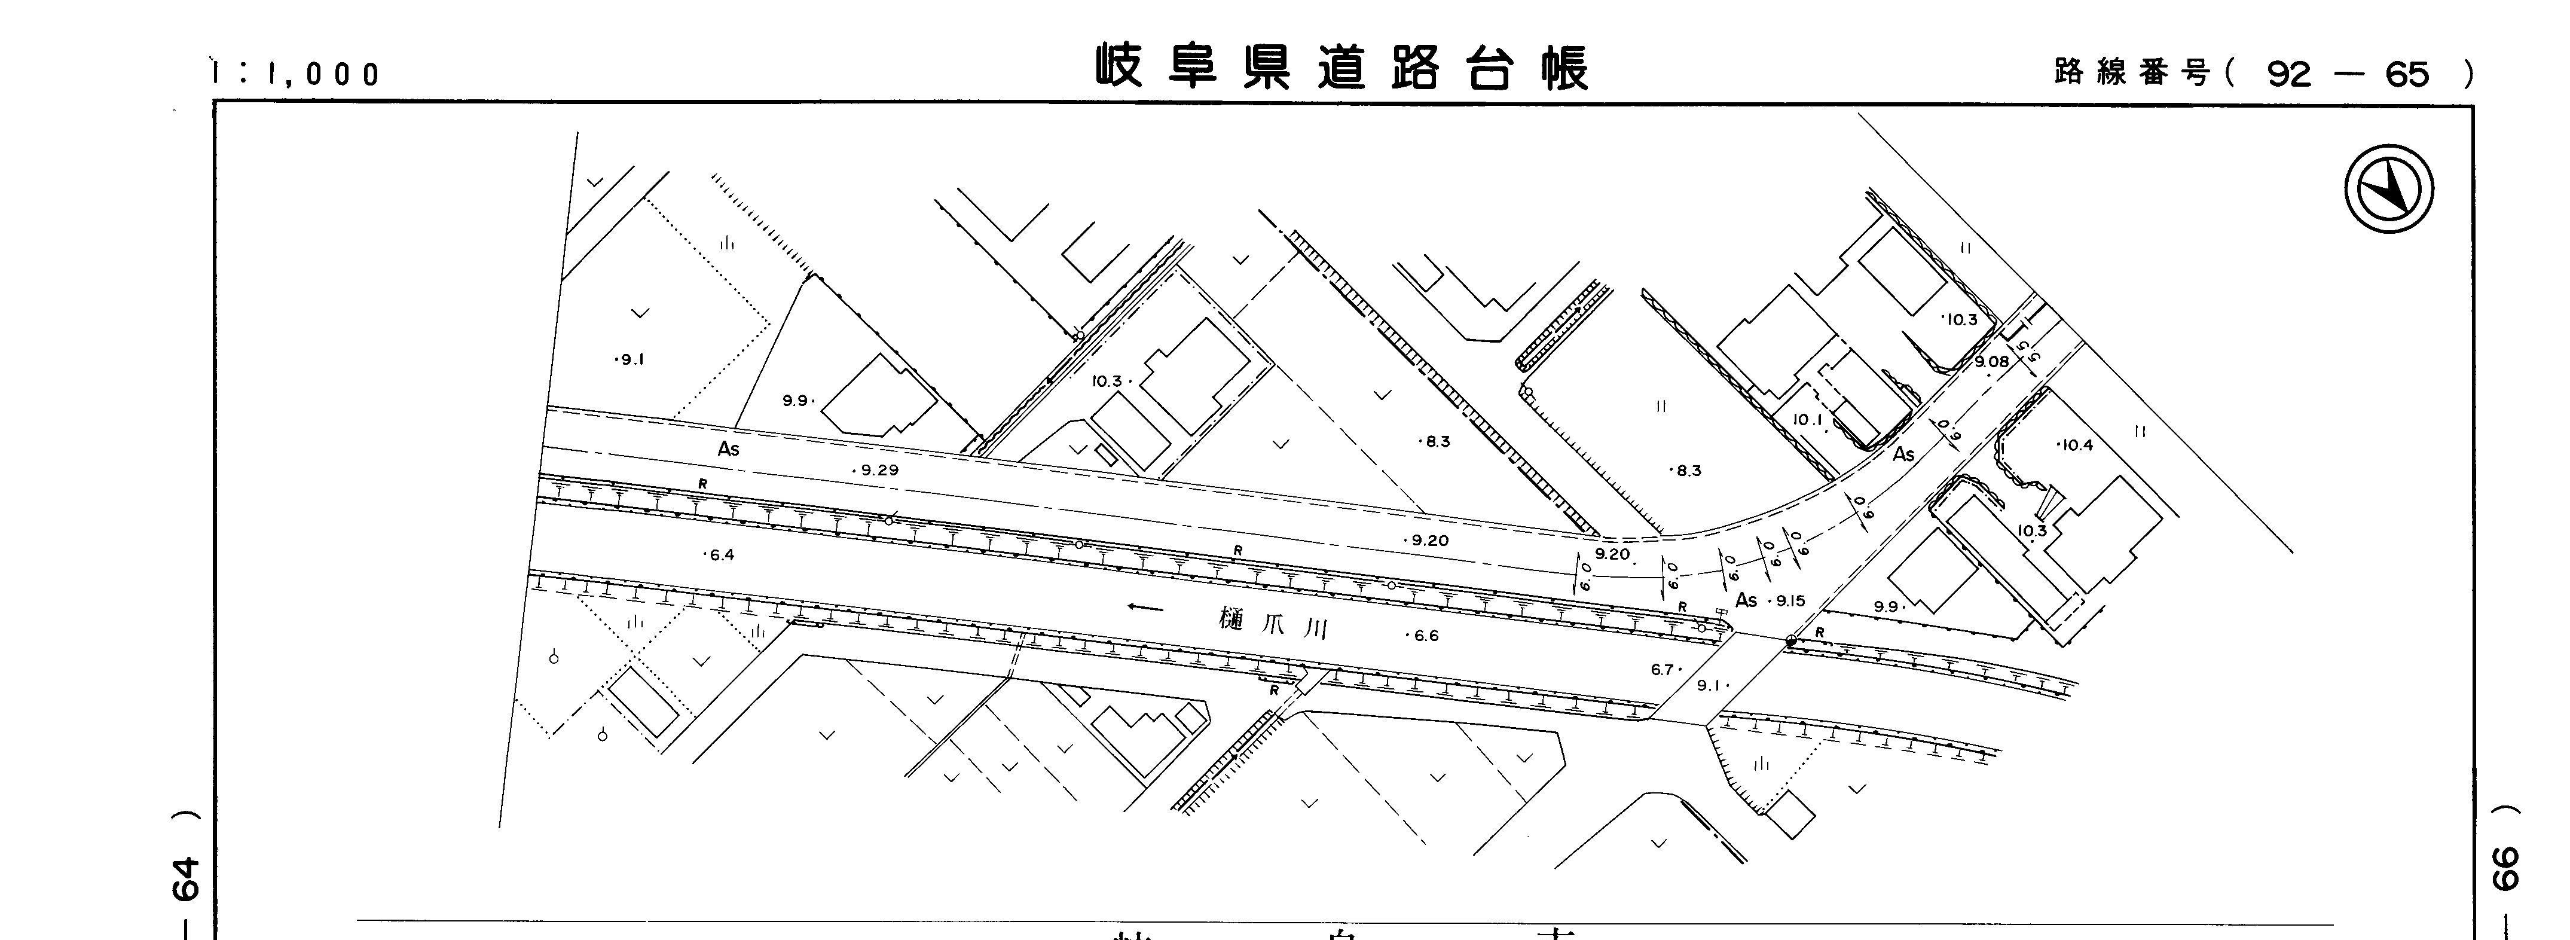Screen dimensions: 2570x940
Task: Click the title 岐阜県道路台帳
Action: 1342,68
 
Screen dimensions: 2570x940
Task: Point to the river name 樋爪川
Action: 1274,622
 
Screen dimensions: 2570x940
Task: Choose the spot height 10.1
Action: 1808,420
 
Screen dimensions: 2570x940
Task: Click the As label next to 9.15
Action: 1746,600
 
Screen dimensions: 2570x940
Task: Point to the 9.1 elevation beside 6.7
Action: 1711,685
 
